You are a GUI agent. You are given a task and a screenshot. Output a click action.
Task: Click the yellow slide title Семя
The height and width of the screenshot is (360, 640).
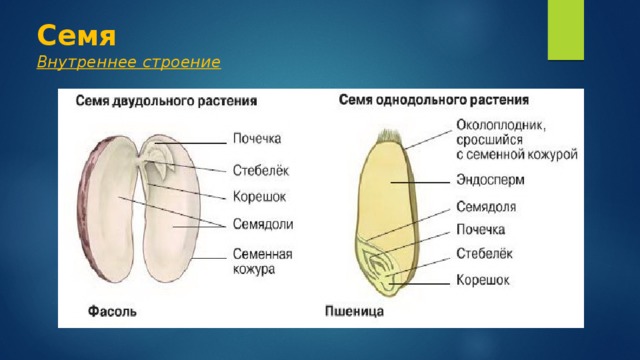pyautogui.click(x=76, y=36)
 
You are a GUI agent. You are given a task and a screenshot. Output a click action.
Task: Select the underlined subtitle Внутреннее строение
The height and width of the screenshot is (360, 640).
pyautogui.click(x=129, y=62)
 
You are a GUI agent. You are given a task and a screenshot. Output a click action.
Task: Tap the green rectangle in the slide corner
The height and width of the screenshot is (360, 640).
pyautogui.click(x=565, y=30)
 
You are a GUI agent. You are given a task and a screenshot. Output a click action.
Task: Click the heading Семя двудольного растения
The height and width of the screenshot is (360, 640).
pyautogui.click(x=166, y=101)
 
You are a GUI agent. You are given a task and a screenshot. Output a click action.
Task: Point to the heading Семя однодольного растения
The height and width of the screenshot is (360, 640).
pyautogui.click(x=434, y=100)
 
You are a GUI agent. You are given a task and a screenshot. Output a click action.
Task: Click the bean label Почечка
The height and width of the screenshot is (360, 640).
pyautogui.click(x=257, y=139)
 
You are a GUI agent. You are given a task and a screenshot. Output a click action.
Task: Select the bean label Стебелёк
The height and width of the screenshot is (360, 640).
pyautogui.click(x=261, y=170)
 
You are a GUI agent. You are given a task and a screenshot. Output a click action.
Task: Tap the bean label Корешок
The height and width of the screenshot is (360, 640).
pyautogui.click(x=259, y=197)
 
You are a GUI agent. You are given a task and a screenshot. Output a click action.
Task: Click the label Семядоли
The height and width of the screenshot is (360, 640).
pyautogui.click(x=263, y=224)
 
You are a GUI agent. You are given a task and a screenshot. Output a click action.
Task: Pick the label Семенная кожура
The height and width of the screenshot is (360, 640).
pyautogui.click(x=262, y=261)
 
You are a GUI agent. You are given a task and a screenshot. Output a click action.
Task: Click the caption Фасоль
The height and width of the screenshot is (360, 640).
pyautogui.click(x=112, y=311)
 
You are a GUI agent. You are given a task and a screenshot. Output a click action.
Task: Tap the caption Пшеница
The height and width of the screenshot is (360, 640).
pyautogui.click(x=354, y=311)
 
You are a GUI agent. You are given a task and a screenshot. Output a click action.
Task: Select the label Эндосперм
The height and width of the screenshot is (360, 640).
pyautogui.click(x=490, y=180)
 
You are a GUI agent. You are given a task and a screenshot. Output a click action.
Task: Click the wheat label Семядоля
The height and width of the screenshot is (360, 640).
pyautogui.click(x=486, y=207)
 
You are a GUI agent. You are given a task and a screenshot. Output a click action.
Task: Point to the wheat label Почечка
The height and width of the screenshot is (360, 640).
pyautogui.click(x=480, y=229)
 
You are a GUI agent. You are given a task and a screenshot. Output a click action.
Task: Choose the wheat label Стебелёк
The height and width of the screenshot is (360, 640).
pyautogui.click(x=484, y=253)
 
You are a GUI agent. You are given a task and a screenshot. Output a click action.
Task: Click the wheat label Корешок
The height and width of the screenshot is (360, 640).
pyautogui.click(x=483, y=280)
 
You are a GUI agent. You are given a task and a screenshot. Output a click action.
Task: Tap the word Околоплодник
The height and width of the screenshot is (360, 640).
pyautogui.click(x=501, y=125)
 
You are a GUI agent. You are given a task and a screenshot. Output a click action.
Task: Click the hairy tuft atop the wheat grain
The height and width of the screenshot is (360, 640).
pyautogui.click(x=391, y=137)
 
